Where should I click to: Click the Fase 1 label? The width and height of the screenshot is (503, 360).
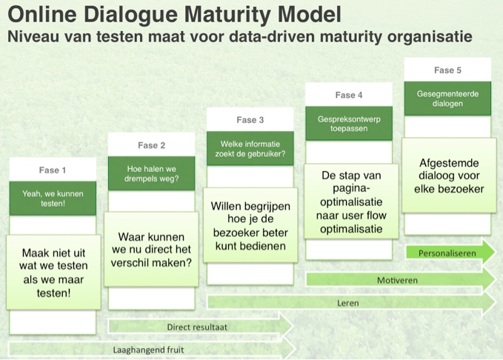(x=53, y=170)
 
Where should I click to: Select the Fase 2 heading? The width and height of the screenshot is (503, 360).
(x=151, y=145)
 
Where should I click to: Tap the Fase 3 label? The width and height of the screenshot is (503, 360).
(x=250, y=120)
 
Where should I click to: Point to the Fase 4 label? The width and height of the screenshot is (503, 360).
(x=349, y=95)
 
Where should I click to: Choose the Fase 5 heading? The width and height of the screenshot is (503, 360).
(x=447, y=70)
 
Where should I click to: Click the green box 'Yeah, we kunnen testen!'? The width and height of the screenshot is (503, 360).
(x=53, y=199)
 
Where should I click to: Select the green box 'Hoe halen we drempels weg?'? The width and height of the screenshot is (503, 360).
(x=151, y=173)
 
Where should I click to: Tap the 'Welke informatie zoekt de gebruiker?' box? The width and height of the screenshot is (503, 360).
(x=250, y=149)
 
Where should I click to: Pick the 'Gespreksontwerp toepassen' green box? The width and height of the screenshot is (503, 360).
(x=349, y=124)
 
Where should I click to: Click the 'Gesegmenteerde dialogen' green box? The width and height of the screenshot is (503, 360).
(x=447, y=99)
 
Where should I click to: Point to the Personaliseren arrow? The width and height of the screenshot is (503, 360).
(x=450, y=253)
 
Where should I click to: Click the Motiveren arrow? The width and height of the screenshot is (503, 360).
(x=401, y=280)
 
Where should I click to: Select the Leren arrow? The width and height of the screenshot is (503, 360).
(x=352, y=303)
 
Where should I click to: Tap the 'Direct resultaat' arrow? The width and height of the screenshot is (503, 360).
(x=201, y=327)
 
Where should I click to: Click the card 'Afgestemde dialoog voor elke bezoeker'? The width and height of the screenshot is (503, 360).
(x=449, y=176)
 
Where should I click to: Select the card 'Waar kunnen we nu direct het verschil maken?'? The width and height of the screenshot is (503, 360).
(x=151, y=250)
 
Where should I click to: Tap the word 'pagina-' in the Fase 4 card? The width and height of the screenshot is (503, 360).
(x=351, y=189)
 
